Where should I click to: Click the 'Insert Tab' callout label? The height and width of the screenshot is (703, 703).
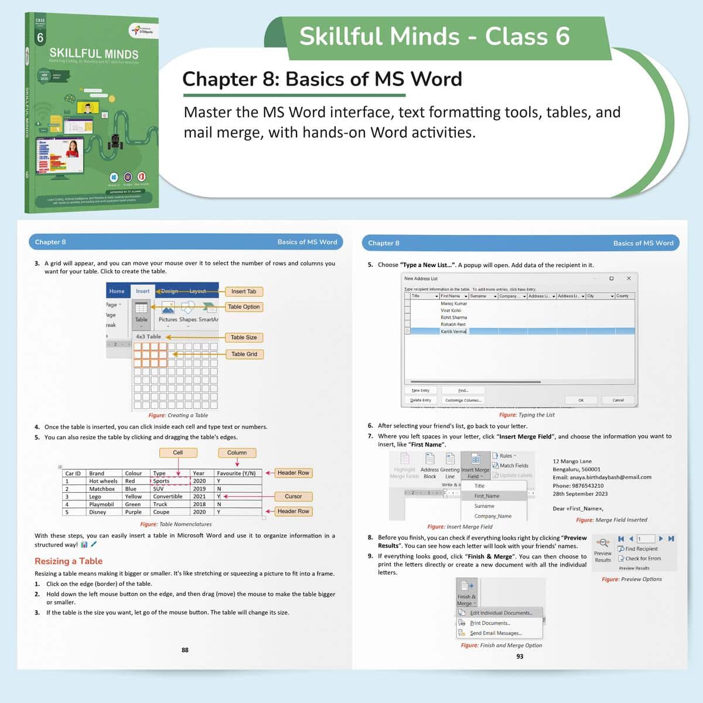[x=243, y=291]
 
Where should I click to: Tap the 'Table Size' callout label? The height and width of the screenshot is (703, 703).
[x=243, y=337]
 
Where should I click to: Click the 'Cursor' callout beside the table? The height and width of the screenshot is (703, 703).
[x=293, y=496]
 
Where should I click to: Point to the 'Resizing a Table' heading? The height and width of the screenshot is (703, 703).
[x=69, y=561]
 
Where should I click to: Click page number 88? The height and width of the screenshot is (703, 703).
[x=185, y=650]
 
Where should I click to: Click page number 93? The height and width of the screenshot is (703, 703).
[x=520, y=656]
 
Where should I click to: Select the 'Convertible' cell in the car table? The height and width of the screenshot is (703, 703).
[x=168, y=496]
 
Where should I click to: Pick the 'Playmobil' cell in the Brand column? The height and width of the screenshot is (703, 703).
[x=101, y=504]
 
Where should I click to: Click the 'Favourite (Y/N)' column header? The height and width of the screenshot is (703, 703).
[x=236, y=473]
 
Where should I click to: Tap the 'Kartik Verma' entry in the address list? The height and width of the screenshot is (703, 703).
[x=453, y=332]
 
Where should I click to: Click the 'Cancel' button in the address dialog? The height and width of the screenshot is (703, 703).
[x=618, y=400]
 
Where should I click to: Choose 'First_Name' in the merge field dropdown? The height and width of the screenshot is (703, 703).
[x=487, y=496]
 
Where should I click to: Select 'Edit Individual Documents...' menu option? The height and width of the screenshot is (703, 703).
[x=501, y=613]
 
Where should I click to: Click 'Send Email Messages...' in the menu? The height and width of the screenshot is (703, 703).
[x=496, y=633]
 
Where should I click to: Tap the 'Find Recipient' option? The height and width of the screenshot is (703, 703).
[x=641, y=549]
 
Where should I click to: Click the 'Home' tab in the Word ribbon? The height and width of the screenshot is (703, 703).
[x=117, y=291]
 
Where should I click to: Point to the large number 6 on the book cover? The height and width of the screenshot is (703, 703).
[x=40, y=38]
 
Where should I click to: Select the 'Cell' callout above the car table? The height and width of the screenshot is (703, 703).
[x=178, y=452]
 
